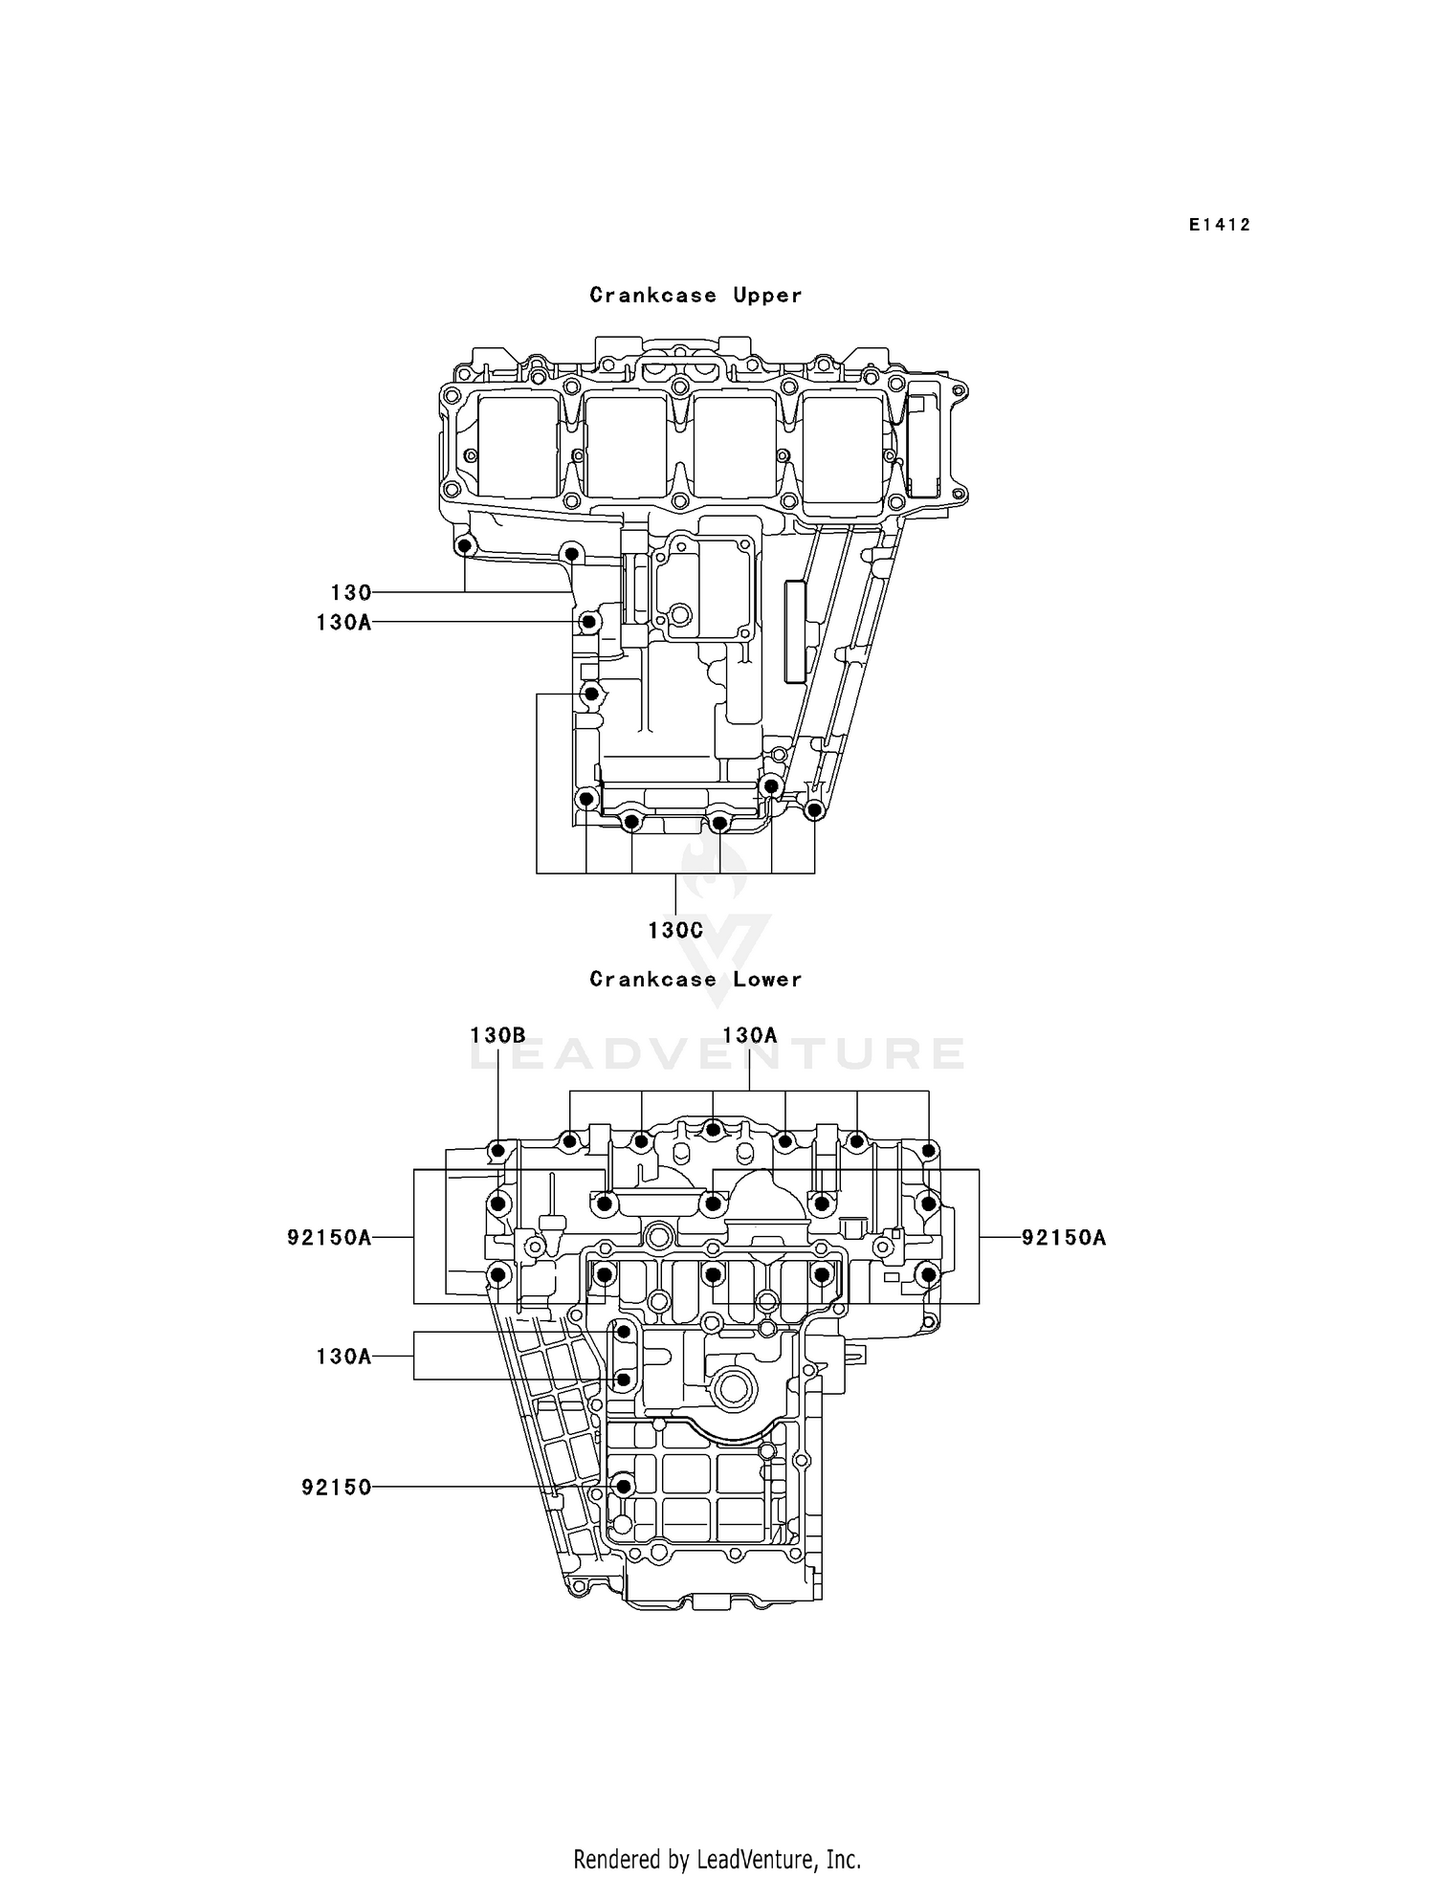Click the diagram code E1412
(1220, 225)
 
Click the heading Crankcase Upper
(695, 296)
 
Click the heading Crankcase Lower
(695, 980)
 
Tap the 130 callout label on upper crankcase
(350, 593)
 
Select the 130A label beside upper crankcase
(343, 624)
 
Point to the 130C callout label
(675, 930)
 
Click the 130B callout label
(497, 1035)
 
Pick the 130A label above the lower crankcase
(750, 1035)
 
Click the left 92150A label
(329, 1238)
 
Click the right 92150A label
(1064, 1238)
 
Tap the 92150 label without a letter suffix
(336, 1488)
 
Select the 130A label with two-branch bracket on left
(343, 1356)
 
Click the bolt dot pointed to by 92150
(624, 1487)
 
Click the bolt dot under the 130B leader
(497, 1149)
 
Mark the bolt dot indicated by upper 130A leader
(590, 623)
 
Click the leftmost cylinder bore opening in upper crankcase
(518, 447)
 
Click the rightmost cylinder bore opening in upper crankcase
(843, 447)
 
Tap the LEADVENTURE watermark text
(717, 1054)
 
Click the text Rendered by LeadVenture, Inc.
(717, 1859)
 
